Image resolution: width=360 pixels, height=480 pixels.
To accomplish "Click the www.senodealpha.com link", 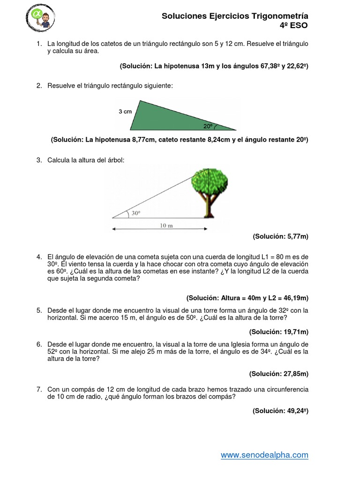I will pos(264,455).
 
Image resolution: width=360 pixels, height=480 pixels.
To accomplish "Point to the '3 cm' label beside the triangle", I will pos(125,112).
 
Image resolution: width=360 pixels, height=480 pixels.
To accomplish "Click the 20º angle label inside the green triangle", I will pos(208,126).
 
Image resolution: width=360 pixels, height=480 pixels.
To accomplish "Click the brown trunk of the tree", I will pos(207,206).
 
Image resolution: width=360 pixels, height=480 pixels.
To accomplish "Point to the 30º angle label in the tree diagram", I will pos(135,212).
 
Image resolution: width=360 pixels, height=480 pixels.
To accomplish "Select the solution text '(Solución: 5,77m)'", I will pos(280,237).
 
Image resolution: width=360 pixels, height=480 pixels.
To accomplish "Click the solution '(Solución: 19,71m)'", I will pos(278,332).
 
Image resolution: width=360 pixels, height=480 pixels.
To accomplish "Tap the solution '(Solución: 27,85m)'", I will pos(278,374).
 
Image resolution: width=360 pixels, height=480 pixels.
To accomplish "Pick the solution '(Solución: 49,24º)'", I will pos(280,411).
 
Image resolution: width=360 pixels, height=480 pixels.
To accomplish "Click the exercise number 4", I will pos(39,257).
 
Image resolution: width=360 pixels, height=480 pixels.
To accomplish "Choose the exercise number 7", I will pos(39,389).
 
